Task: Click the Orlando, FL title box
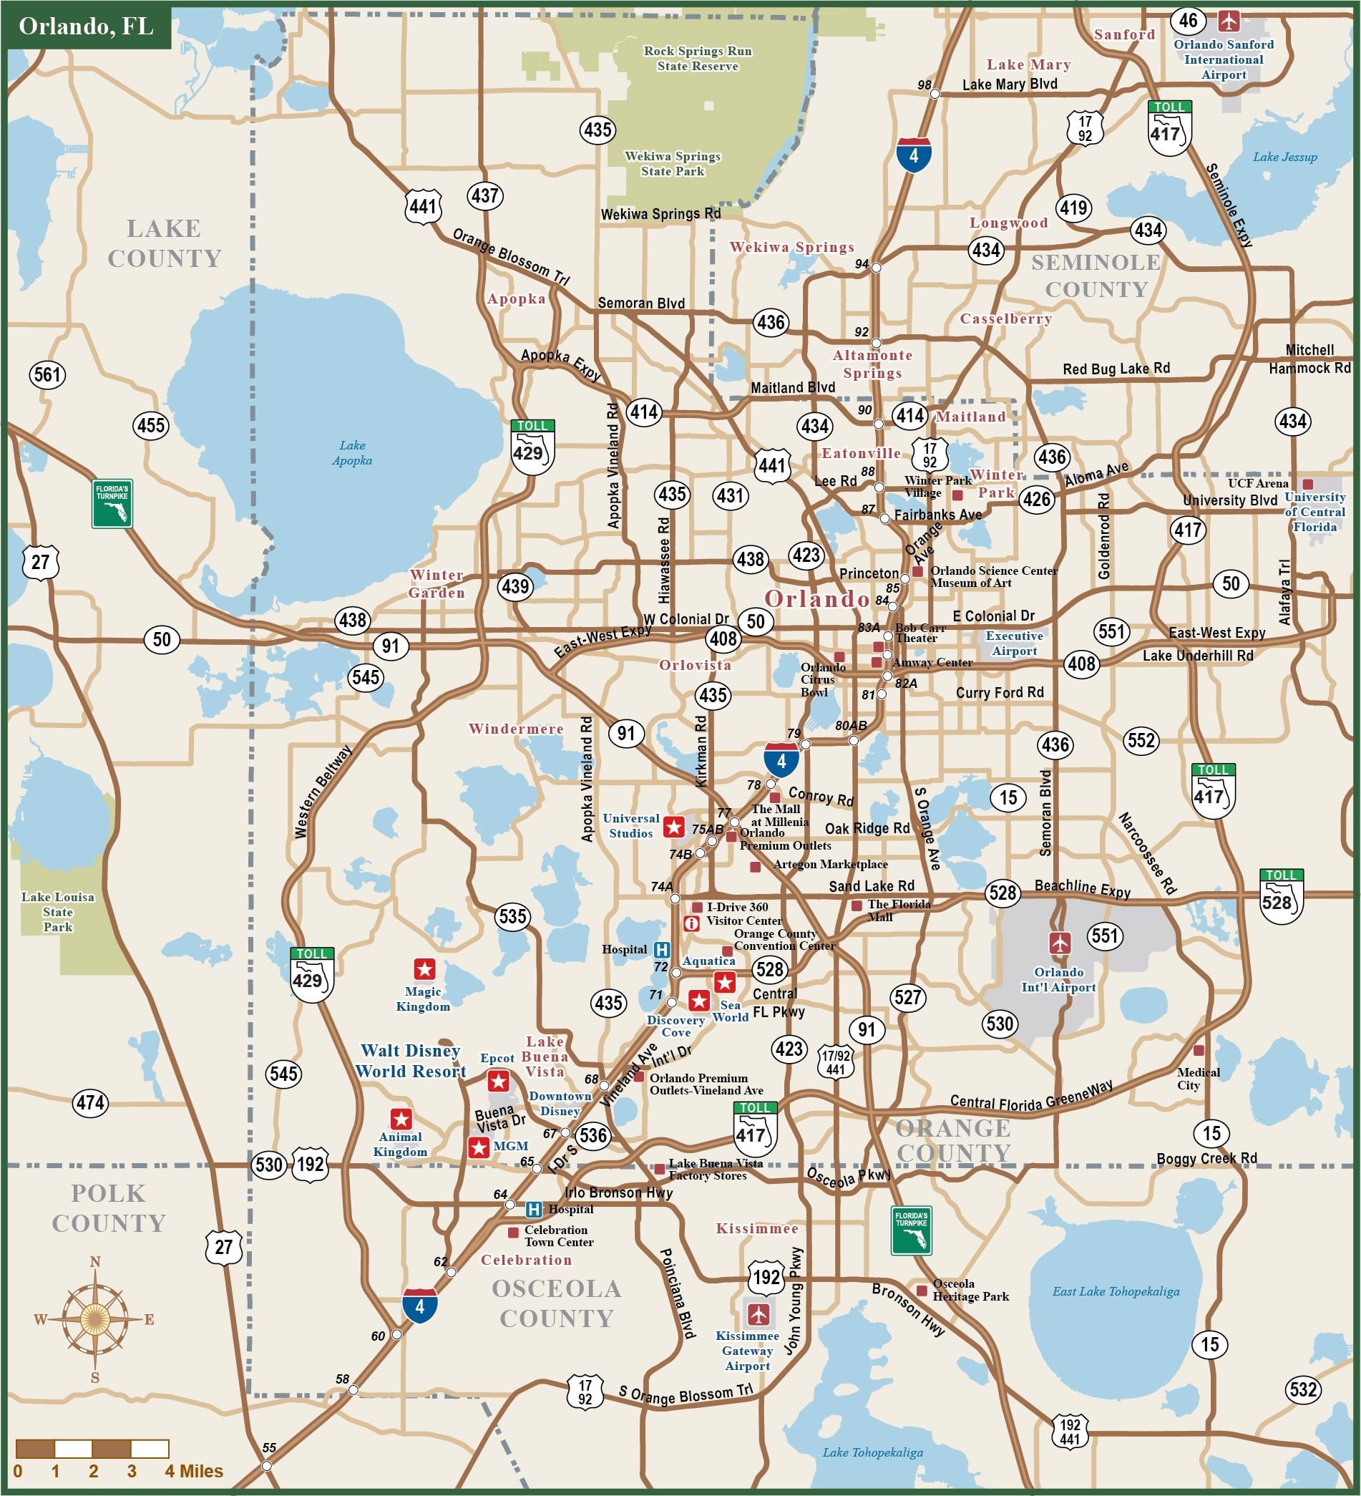click(x=87, y=26)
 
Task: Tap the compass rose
click(x=95, y=1318)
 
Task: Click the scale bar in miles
click(x=93, y=1449)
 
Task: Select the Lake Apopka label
click(x=352, y=452)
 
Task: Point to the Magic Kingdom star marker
click(x=424, y=969)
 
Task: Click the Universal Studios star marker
click(x=673, y=827)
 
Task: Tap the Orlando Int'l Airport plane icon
click(x=1060, y=943)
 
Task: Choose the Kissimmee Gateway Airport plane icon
click(x=758, y=1314)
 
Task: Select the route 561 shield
click(x=47, y=374)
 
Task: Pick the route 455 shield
click(x=151, y=425)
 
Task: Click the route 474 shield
click(x=90, y=1103)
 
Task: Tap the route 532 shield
click(x=1303, y=1389)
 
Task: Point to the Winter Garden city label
click(x=437, y=583)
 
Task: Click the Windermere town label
click(x=516, y=729)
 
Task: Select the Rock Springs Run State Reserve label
click(x=697, y=58)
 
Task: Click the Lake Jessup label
click(x=1284, y=157)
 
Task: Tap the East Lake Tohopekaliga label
click(x=1116, y=1291)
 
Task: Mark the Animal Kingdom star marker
click(x=401, y=1119)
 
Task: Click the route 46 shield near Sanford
click(x=1188, y=20)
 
